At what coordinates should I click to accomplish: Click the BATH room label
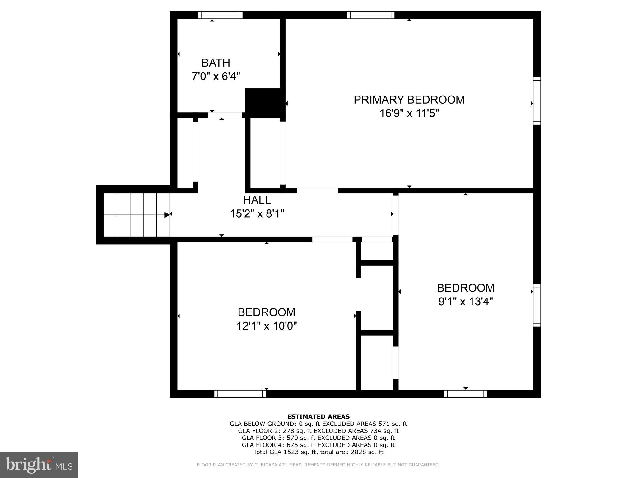click(x=216, y=63)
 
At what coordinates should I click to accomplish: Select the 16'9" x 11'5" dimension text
click(x=409, y=113)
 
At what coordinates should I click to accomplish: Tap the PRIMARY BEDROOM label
click(x=409, y=100)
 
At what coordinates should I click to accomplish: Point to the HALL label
click(x=257, y=200)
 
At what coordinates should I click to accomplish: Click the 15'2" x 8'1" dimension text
click(x=257, y=214)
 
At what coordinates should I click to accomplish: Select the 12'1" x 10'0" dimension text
click(x=267, y=326)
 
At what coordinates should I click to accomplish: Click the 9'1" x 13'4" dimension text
click(x=465, y=302)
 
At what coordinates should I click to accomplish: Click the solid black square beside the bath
click(x=264, y=103)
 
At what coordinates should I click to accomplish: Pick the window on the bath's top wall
click(x=220, y=15)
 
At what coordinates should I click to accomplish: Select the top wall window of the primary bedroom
click(x=370, y=15)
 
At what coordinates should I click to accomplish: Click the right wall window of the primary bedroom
click(x=537, y=101)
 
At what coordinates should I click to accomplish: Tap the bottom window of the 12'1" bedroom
click(x=240, y=394)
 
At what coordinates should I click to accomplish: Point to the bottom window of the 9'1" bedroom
click(x=465, y=394)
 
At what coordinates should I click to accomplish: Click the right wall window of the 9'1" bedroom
click(x=537, y=305)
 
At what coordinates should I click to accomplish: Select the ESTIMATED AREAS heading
click(x=318, y=416)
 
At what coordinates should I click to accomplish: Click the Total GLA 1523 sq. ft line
click(x=318, y=452)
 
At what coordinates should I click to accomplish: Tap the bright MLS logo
click(x=39, y=465)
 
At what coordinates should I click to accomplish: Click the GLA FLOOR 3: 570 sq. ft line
click(x=318, y=438)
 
